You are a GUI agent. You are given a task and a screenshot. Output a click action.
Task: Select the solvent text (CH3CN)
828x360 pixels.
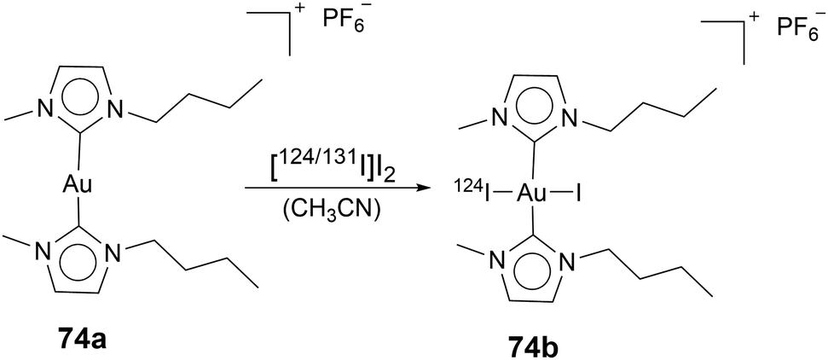321,212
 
